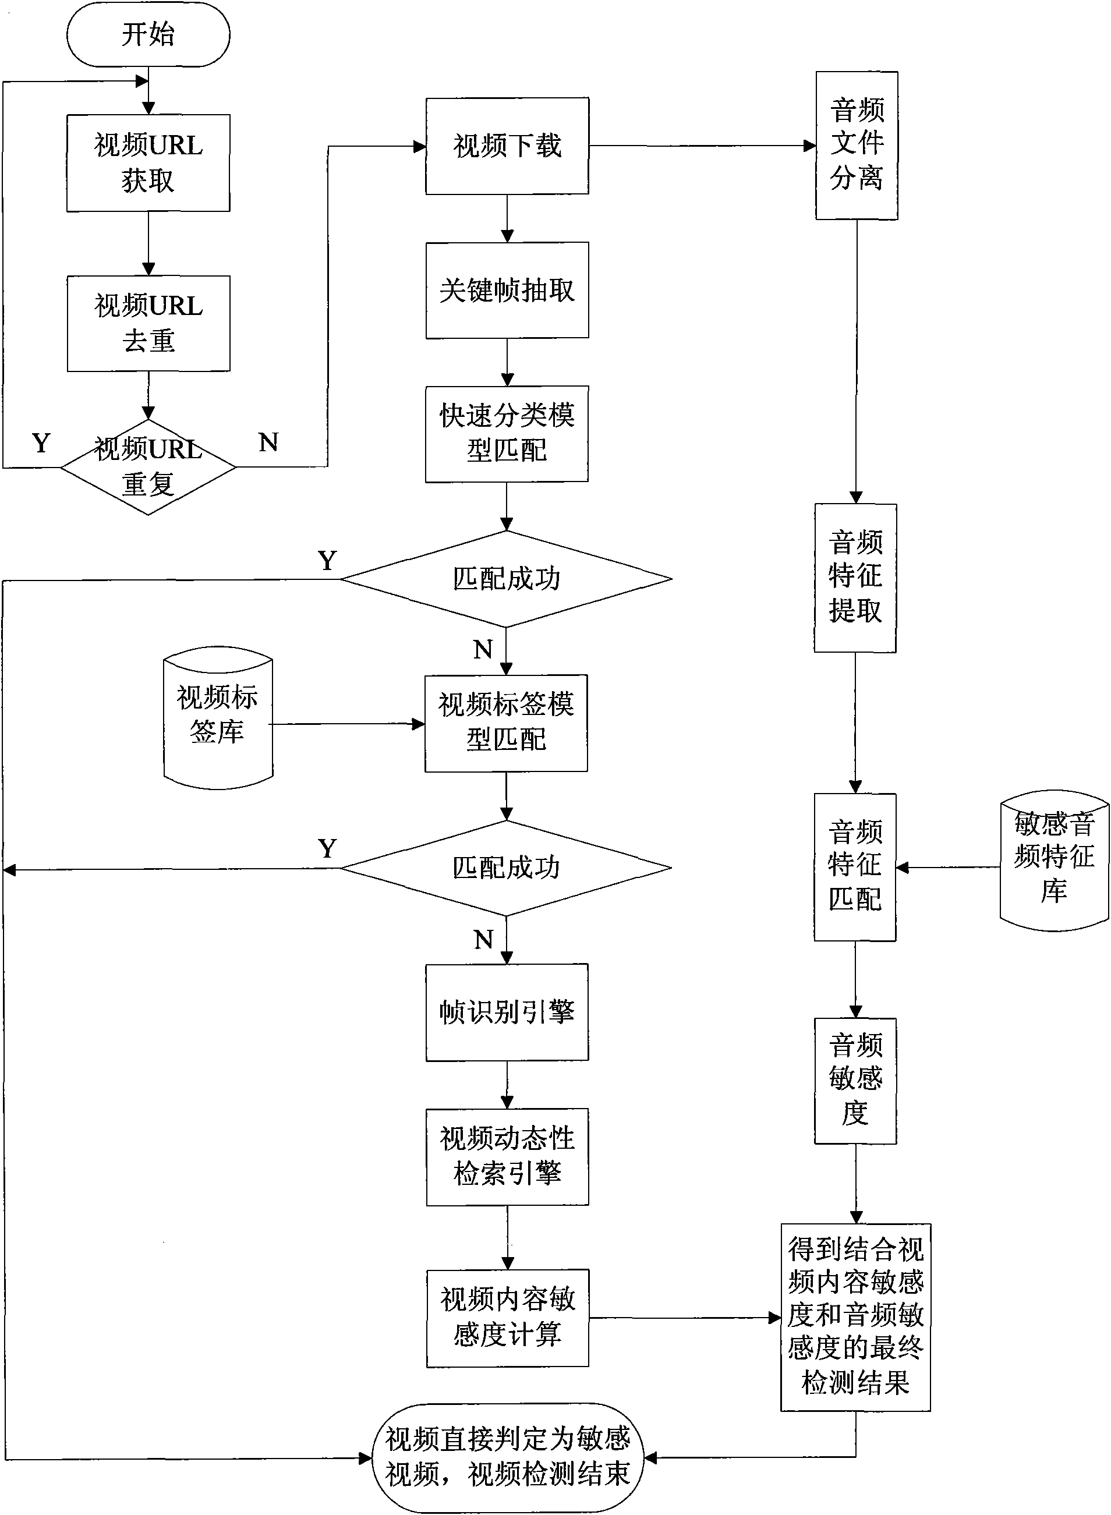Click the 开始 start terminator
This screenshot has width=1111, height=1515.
point(148,34)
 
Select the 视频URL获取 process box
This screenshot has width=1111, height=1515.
point(148,162)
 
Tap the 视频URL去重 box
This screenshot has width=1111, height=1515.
point(148,324)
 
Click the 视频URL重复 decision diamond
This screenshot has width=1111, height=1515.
point(148,467)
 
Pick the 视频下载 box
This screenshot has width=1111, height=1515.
point(507,146)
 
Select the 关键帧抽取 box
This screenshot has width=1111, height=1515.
point(507,291)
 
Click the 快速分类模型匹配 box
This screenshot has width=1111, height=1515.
point(507,434)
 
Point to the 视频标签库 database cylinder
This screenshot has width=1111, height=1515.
point(218,717)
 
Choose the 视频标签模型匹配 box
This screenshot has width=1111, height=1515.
point(507,723)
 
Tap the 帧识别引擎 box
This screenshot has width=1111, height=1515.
point(507,1012)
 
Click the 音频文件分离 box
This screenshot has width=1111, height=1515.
point(857,145)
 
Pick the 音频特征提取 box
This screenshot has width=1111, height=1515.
point(855,578)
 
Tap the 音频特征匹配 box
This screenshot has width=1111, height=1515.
point(855,867)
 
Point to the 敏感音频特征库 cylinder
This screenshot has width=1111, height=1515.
point(1054,861)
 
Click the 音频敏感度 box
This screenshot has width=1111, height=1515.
point(855,1081)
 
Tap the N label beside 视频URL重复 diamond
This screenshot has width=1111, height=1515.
point(268,443)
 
